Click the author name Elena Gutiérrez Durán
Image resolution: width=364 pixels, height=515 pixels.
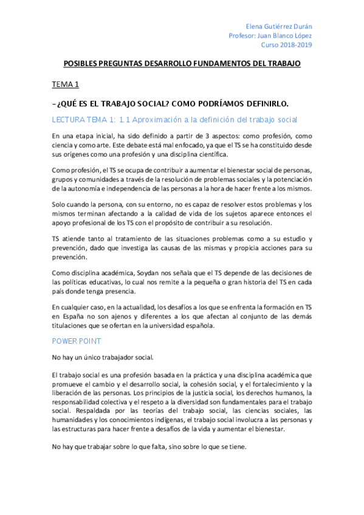(x=279, y=27)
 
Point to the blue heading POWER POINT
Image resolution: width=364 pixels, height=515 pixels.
(x=77, y=342)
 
